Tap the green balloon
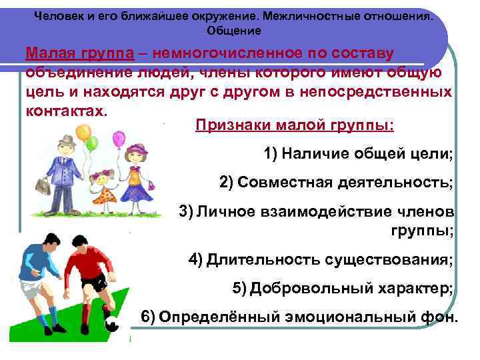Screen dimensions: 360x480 93,143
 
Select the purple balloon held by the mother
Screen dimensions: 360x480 119,139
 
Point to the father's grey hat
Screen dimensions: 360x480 67,141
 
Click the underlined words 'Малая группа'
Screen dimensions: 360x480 75,53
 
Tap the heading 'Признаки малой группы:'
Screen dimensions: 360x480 294,127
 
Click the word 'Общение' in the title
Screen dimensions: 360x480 234,31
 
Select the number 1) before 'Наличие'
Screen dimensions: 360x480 270,154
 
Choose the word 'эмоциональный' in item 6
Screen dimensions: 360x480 333,316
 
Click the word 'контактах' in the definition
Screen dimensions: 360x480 64,109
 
